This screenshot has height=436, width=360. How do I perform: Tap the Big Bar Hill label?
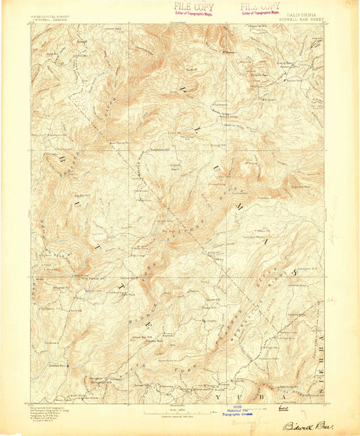tap(83, 195)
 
